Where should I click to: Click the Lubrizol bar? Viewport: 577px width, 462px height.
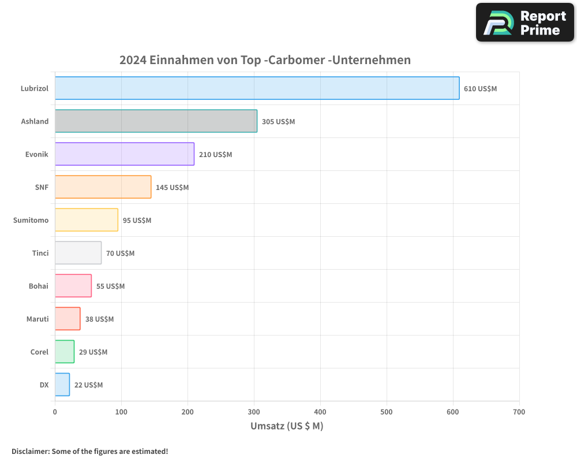[257, 88]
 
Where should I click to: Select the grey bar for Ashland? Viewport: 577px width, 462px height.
[156, 121]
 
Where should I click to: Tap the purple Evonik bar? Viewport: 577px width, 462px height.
[125, 154]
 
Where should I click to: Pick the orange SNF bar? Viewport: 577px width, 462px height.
[103, 187]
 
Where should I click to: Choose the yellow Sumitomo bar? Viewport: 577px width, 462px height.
[87, 220]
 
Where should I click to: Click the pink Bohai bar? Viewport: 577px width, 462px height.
[73, 286]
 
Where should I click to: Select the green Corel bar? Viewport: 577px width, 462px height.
[65, 352]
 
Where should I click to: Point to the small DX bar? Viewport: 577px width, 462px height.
[62, 385]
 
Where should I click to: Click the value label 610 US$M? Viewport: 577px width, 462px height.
[480, 89]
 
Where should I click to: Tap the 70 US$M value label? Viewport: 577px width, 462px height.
[120, 254]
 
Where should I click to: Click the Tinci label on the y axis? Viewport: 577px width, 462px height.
[40, 253]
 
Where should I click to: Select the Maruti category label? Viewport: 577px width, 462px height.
[38, 319]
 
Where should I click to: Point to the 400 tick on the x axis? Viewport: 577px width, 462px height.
[320, 412]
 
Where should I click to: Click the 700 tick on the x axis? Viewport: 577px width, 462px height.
[519, 412]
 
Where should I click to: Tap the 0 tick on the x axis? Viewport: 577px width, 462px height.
[55, 412]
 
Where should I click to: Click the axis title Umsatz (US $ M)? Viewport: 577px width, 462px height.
[287, 426]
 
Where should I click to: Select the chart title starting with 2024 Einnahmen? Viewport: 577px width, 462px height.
[265, 60]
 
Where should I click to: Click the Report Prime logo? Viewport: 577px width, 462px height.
[524, 23]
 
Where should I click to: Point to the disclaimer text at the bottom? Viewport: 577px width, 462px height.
[90, 451]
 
